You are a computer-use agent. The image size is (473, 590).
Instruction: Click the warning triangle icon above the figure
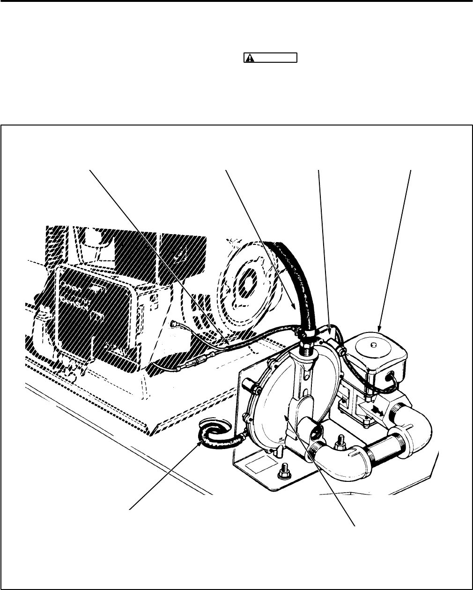tap(251, 58)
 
